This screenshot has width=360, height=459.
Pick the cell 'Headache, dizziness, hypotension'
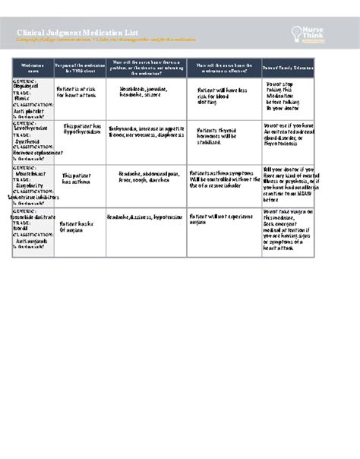click(144, 217)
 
